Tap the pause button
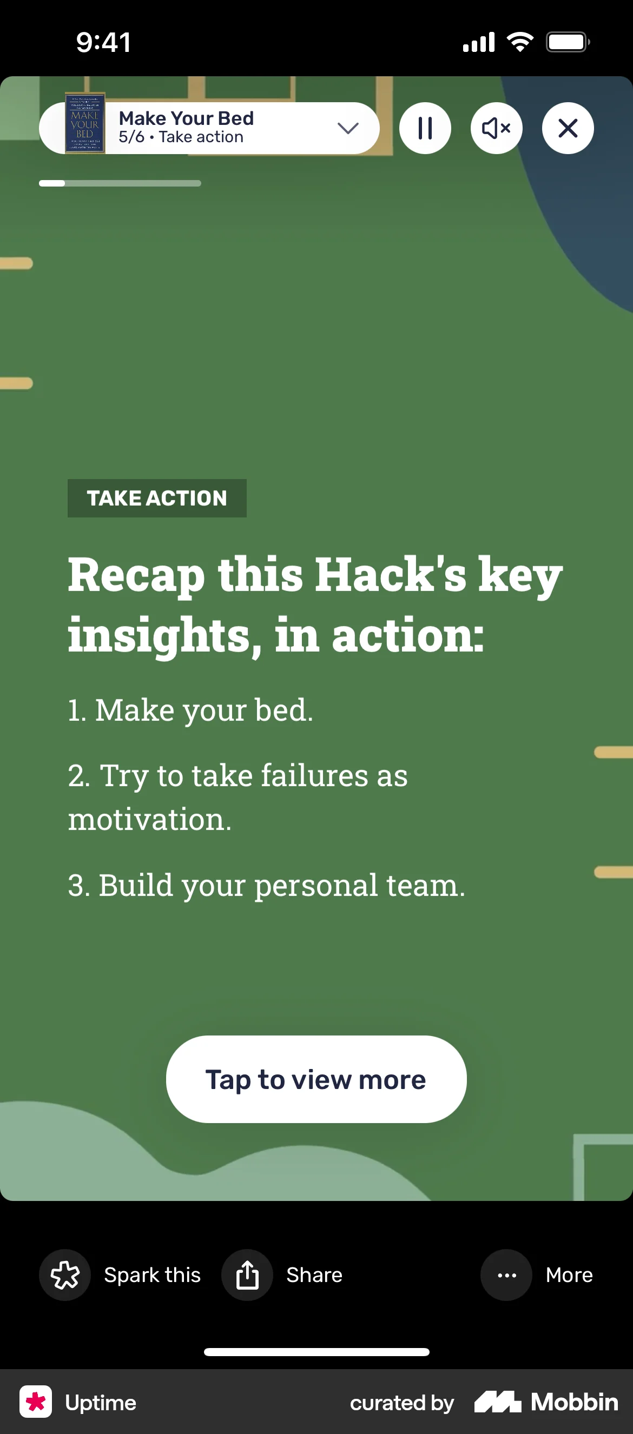425,128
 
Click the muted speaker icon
497,128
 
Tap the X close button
568,128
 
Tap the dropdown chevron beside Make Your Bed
348,129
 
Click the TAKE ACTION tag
157,498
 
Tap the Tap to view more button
316,1079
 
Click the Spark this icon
64,1275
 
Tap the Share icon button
247,1275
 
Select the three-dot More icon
506,1275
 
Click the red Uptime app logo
36,1402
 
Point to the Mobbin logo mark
498,1402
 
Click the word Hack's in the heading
391,574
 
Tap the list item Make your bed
190,711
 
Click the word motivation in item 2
150,819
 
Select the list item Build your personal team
266,885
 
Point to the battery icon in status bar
568,42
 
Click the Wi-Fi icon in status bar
520,42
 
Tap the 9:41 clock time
104,42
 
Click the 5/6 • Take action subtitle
181,137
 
